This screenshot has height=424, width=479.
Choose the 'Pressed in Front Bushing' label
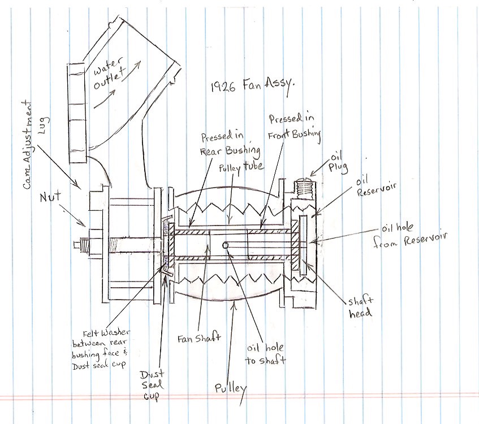pos(295,127)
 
